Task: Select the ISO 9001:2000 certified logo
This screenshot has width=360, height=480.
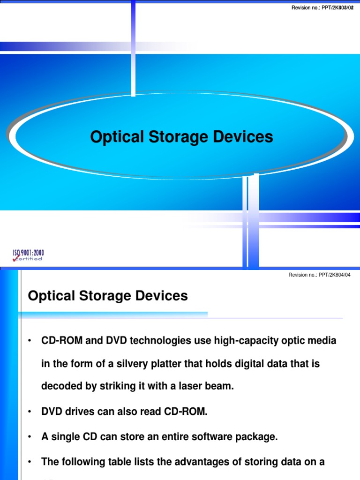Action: coord(28,255)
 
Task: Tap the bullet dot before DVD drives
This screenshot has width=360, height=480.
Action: coord(30,412)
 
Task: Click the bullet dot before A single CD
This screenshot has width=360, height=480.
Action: coord(30,437)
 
